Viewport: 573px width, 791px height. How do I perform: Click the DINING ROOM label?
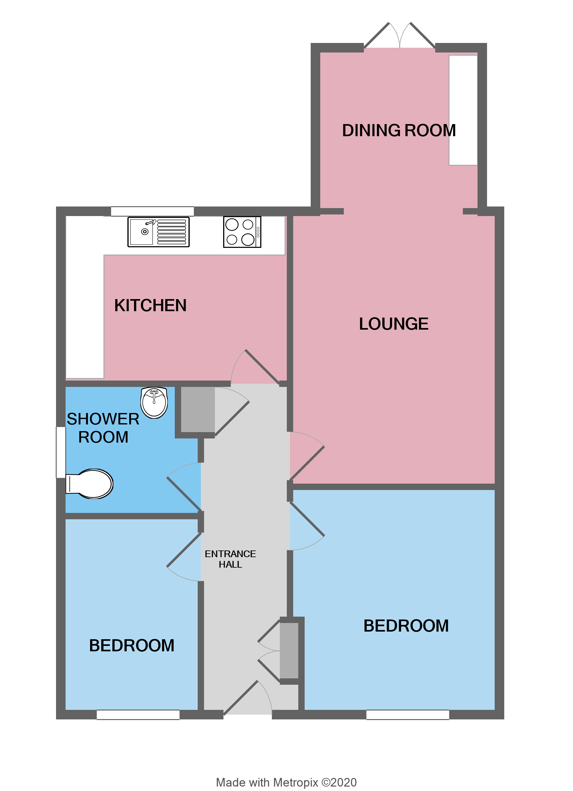coord(399,130)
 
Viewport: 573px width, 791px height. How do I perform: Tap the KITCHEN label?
coord(150,305)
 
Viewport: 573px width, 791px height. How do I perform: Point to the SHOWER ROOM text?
coord(103,428)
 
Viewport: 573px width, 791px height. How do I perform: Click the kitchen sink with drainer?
coord(158,232)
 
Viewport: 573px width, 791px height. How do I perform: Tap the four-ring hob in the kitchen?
coord(242,232)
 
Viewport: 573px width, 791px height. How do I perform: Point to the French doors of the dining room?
coord(399,37)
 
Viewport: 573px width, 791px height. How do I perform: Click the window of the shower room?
coord(61,452)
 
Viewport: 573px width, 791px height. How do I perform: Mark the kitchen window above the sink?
coord(152,211)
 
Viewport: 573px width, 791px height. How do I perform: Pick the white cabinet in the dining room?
coord(463,110)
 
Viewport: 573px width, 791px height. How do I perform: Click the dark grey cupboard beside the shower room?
coord(197,410)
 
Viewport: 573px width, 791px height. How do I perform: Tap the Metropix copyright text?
coord(286,782)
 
